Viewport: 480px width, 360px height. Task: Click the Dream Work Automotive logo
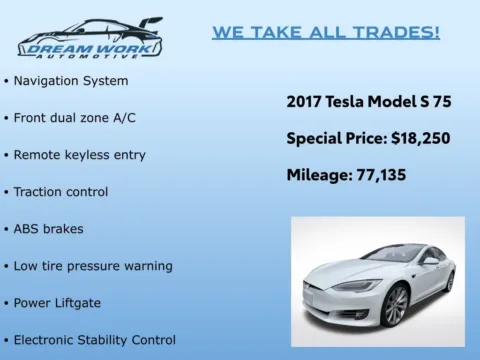point(89,38)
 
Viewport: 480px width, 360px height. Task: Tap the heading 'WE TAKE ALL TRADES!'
point(326,33)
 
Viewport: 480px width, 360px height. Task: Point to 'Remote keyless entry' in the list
point(79,155)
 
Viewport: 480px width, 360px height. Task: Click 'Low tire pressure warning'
point(93,266)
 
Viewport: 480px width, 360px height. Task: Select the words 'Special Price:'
point(330,138)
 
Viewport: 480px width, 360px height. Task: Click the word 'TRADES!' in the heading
point(400,33)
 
